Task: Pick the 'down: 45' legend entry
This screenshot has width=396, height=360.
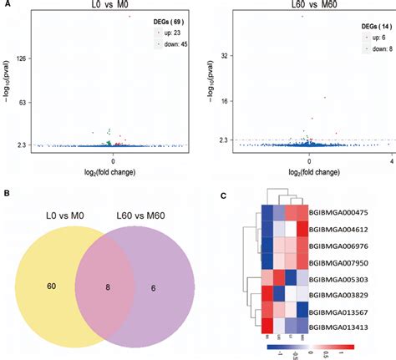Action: [x=171, y=42]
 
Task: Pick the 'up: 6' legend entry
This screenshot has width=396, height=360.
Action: [x=373, y=38]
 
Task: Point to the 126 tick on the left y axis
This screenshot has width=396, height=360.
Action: [x=23, y=58]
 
